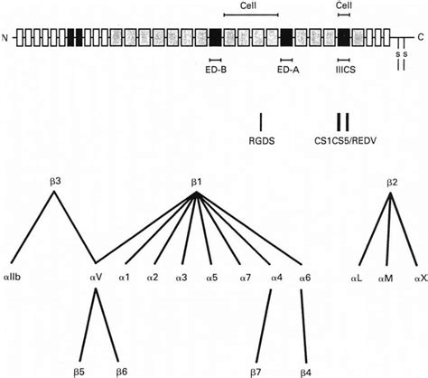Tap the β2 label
click(x=391, y=183)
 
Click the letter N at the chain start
click(x=6, y=38)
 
